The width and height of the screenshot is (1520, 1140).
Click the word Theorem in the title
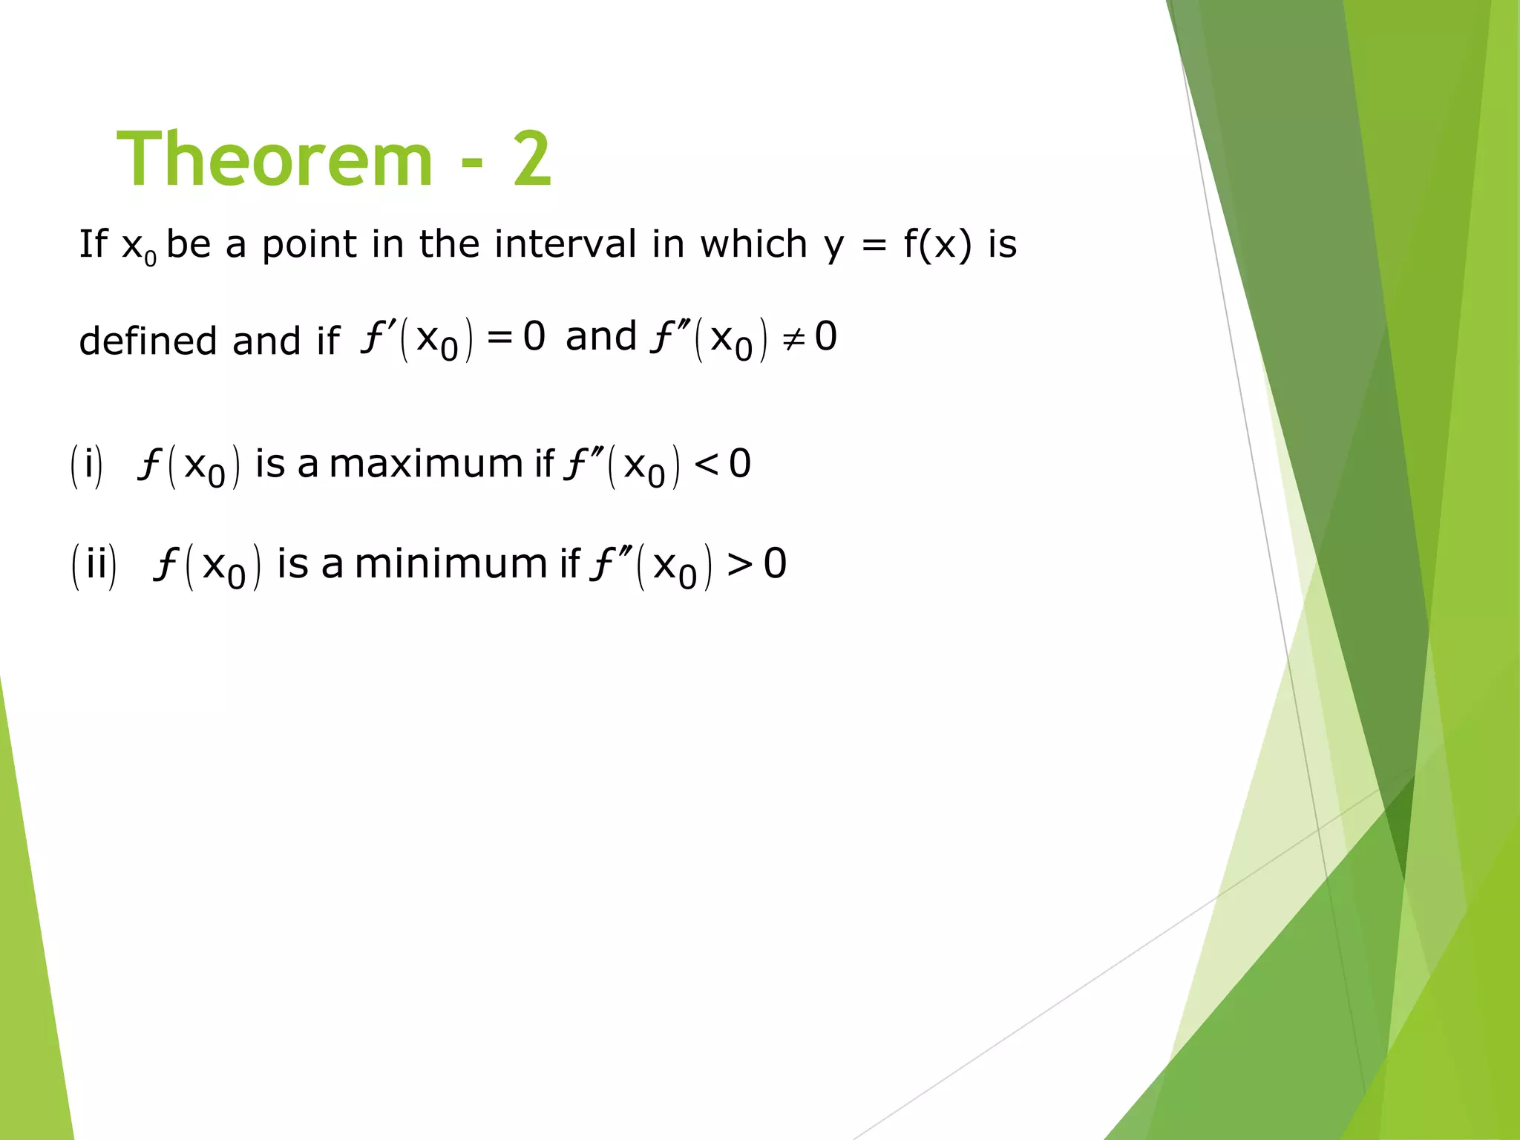pyautogui.click(x=275, y=160)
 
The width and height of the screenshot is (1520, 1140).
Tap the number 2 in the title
pyautogui.click(x=531, y=160)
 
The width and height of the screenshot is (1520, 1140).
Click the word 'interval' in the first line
pyautogui.click(x=565, y=244)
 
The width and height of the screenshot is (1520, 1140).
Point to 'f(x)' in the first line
pyautogui.click(x=937, y=244)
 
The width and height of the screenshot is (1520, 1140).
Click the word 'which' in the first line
pyautogui.click(x=753, y=244)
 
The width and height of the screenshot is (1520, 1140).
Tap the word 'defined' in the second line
pyautogui.click(x=148, y=341)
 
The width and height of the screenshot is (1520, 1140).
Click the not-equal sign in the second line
pyautogui.click(x=793, y=338)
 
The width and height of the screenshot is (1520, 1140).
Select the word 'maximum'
pyautogui.click(x=426, y=465)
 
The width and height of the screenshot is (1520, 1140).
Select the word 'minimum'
pyautogui.click(x=451, y=564)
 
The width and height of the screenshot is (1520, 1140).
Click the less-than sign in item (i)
pyautogui.click(x=705, y=465)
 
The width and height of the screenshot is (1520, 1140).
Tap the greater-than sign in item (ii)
pyautogui.click(x=740, y=565)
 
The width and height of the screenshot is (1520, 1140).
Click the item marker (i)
pyautogui.click(x=87, y=465)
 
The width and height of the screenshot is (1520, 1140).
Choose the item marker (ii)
pyautogui.click(x=94, y=566)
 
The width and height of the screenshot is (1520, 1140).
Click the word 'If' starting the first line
pyautogui.click(x=93, y=244)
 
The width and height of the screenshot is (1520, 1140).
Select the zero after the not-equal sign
pyautogui.click(x=826, y=337)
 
